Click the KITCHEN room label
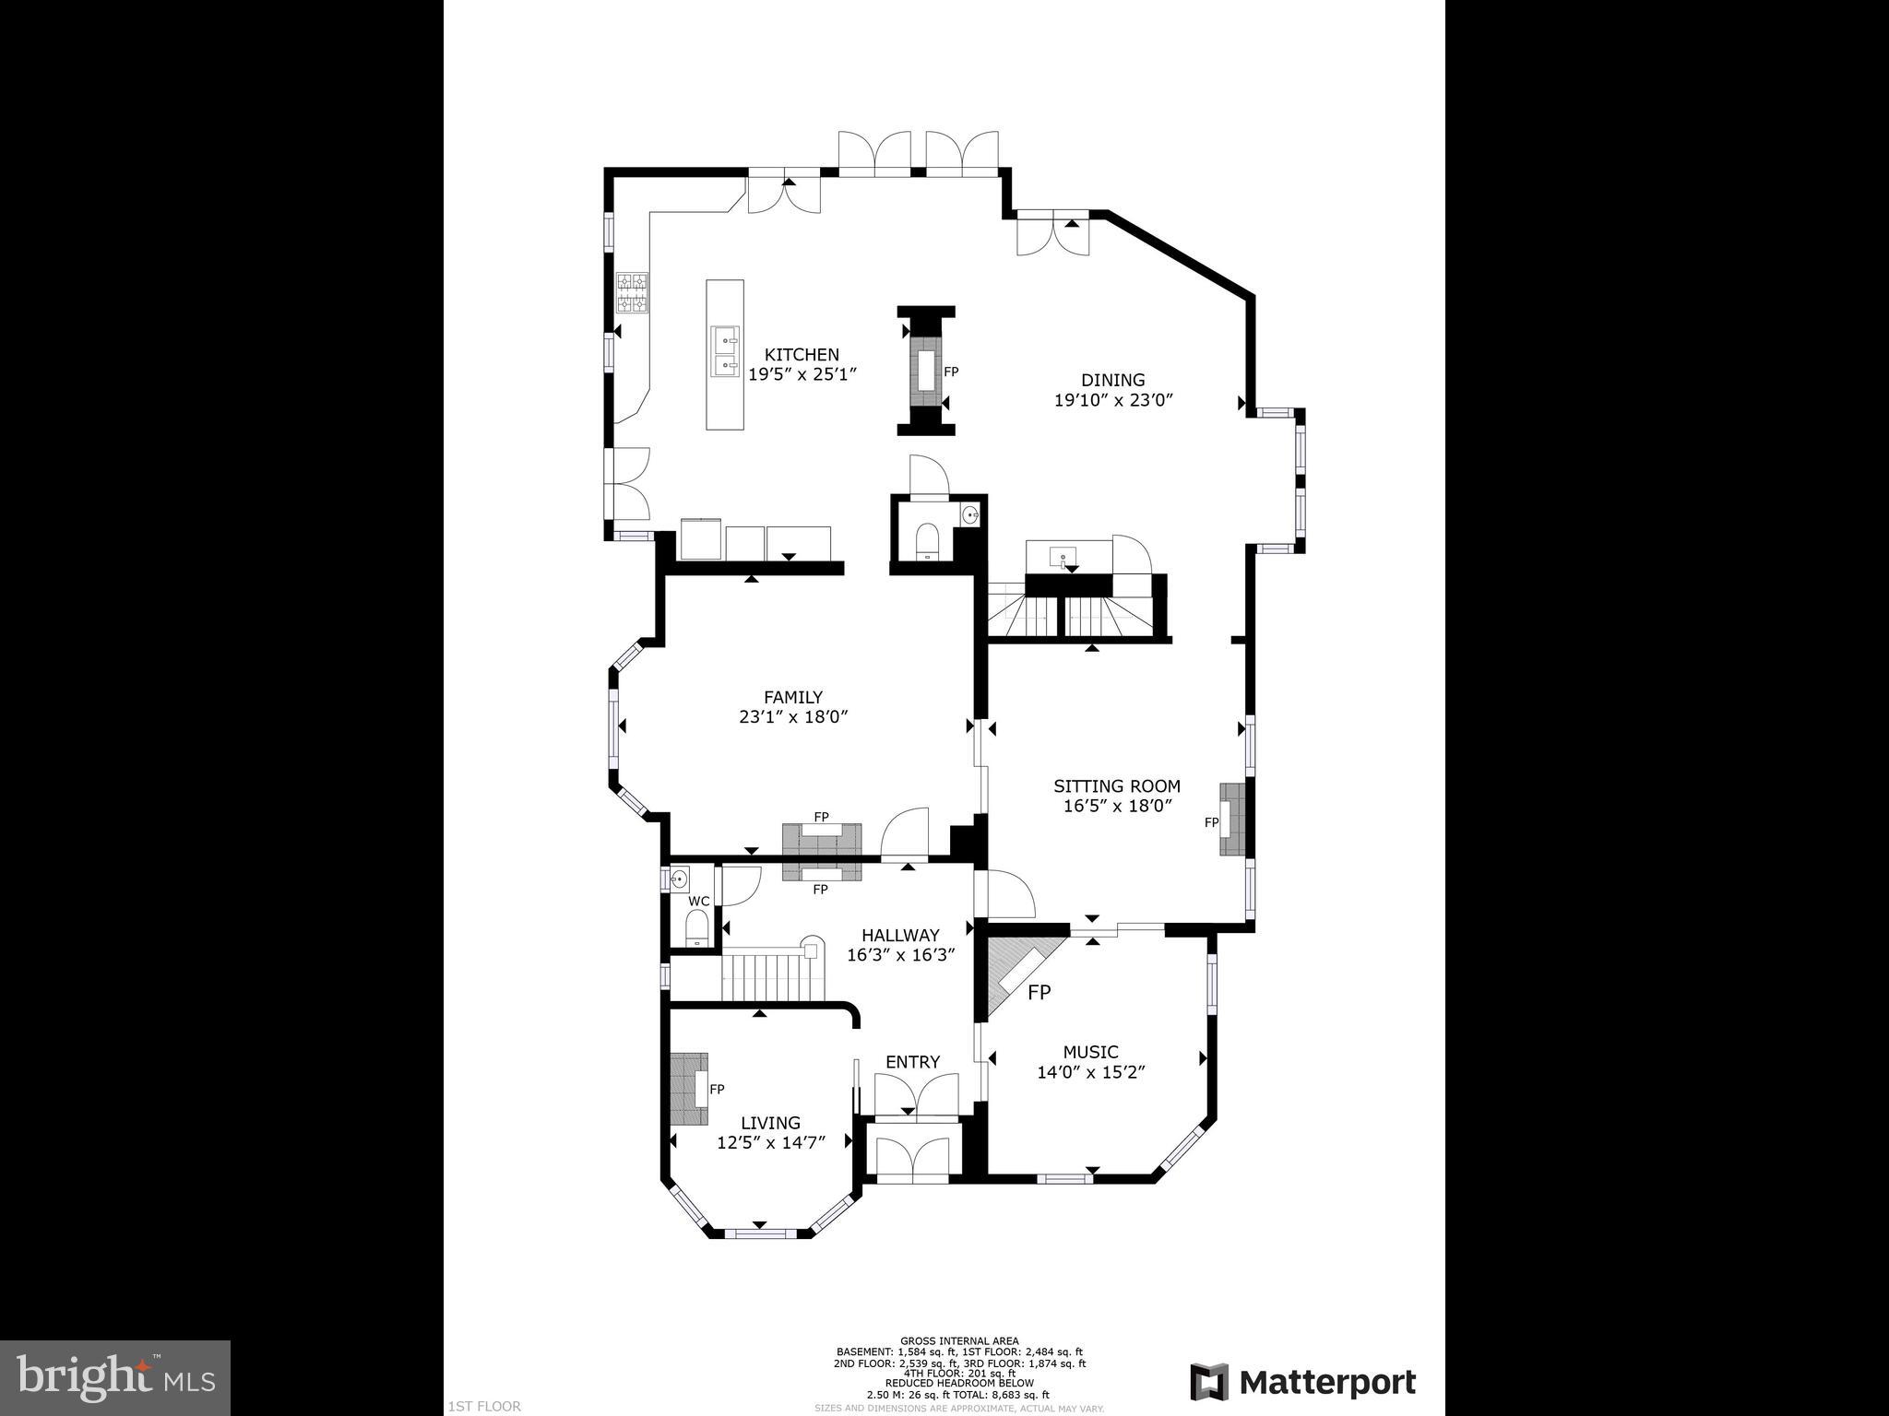click(802, 355)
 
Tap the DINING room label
click(1112, 380)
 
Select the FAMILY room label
click(792, 698)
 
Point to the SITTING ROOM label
click(1116, 786)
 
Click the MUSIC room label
click(1090, 1052)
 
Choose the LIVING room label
click(770, 1123)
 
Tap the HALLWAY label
click(900, 936)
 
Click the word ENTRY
click(912, 1062)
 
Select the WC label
click(698, 901)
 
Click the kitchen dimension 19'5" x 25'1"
click(802, 375)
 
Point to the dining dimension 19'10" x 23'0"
click(1112, 401)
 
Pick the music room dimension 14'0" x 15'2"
click(1090, 1073)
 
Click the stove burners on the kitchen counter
click(632, 293)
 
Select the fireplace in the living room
click(689, 1089)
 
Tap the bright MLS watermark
click(115, 1376)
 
